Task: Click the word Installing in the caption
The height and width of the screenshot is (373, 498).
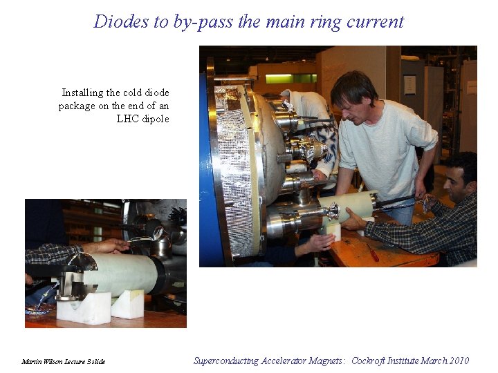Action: click(82, 93)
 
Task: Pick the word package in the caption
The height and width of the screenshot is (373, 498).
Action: click(76, 106)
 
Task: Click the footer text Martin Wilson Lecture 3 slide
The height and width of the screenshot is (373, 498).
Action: click(63, 361)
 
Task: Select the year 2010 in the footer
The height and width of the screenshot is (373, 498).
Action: click(456, 361)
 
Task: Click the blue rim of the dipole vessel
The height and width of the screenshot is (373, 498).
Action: click(205, 166)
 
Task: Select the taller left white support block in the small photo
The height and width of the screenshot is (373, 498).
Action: click(84, 307)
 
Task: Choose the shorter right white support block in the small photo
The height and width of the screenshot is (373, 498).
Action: click(128, 304)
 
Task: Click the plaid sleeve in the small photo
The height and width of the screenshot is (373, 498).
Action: click(52, 253)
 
